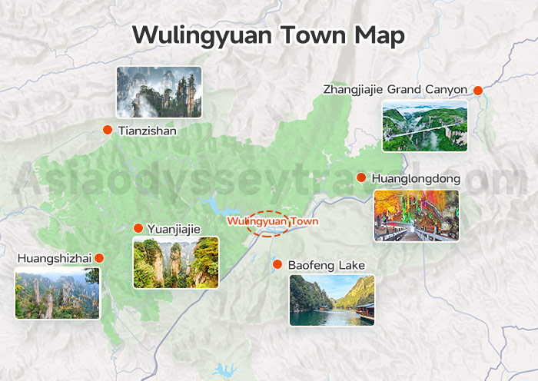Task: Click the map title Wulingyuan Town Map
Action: point(268,35)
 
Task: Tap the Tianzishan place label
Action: point(148,131)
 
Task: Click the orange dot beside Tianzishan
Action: point(108,130)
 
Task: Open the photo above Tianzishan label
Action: point(159,92)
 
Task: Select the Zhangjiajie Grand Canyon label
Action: point(394,90)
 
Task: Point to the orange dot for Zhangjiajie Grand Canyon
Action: point(478,91)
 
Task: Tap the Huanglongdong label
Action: point(416,178)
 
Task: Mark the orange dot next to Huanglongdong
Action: point(361,177)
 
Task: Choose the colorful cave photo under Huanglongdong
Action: point(416,216)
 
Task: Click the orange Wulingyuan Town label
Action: point(272,221)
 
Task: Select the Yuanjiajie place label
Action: point(174,228)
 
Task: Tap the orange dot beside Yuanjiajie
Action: point(138,228)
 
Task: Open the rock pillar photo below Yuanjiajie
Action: point(176,262)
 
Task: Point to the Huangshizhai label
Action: point(53,259)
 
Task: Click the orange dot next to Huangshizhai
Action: point(99,258)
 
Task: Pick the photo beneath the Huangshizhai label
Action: point(57,293)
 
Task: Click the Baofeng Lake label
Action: point(327,265)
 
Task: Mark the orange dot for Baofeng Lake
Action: point(277,264)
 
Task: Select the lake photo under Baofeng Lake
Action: point(332,300)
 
